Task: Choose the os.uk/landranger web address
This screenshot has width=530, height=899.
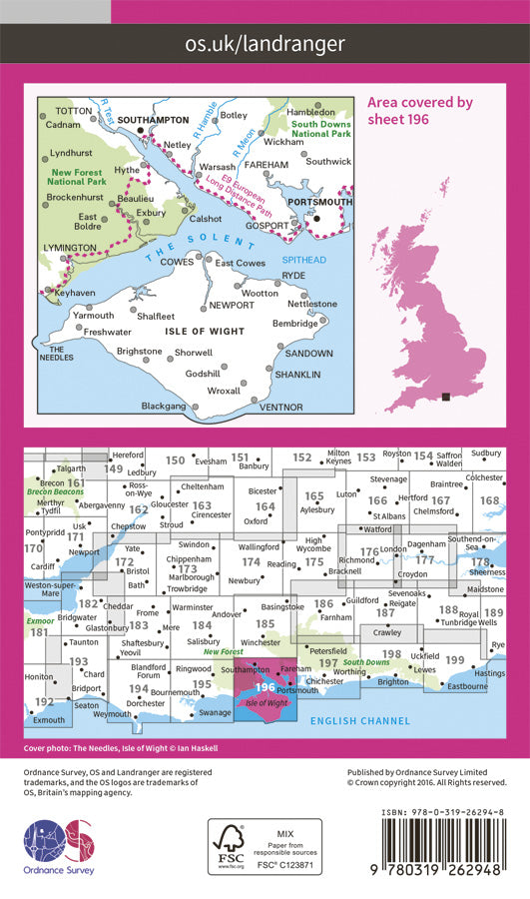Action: click(265, 43)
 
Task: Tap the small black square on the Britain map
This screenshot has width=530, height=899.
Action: click(446, 397)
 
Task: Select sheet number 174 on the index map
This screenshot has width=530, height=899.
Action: click(251, 563)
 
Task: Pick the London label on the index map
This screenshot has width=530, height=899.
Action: click(392, 548)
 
